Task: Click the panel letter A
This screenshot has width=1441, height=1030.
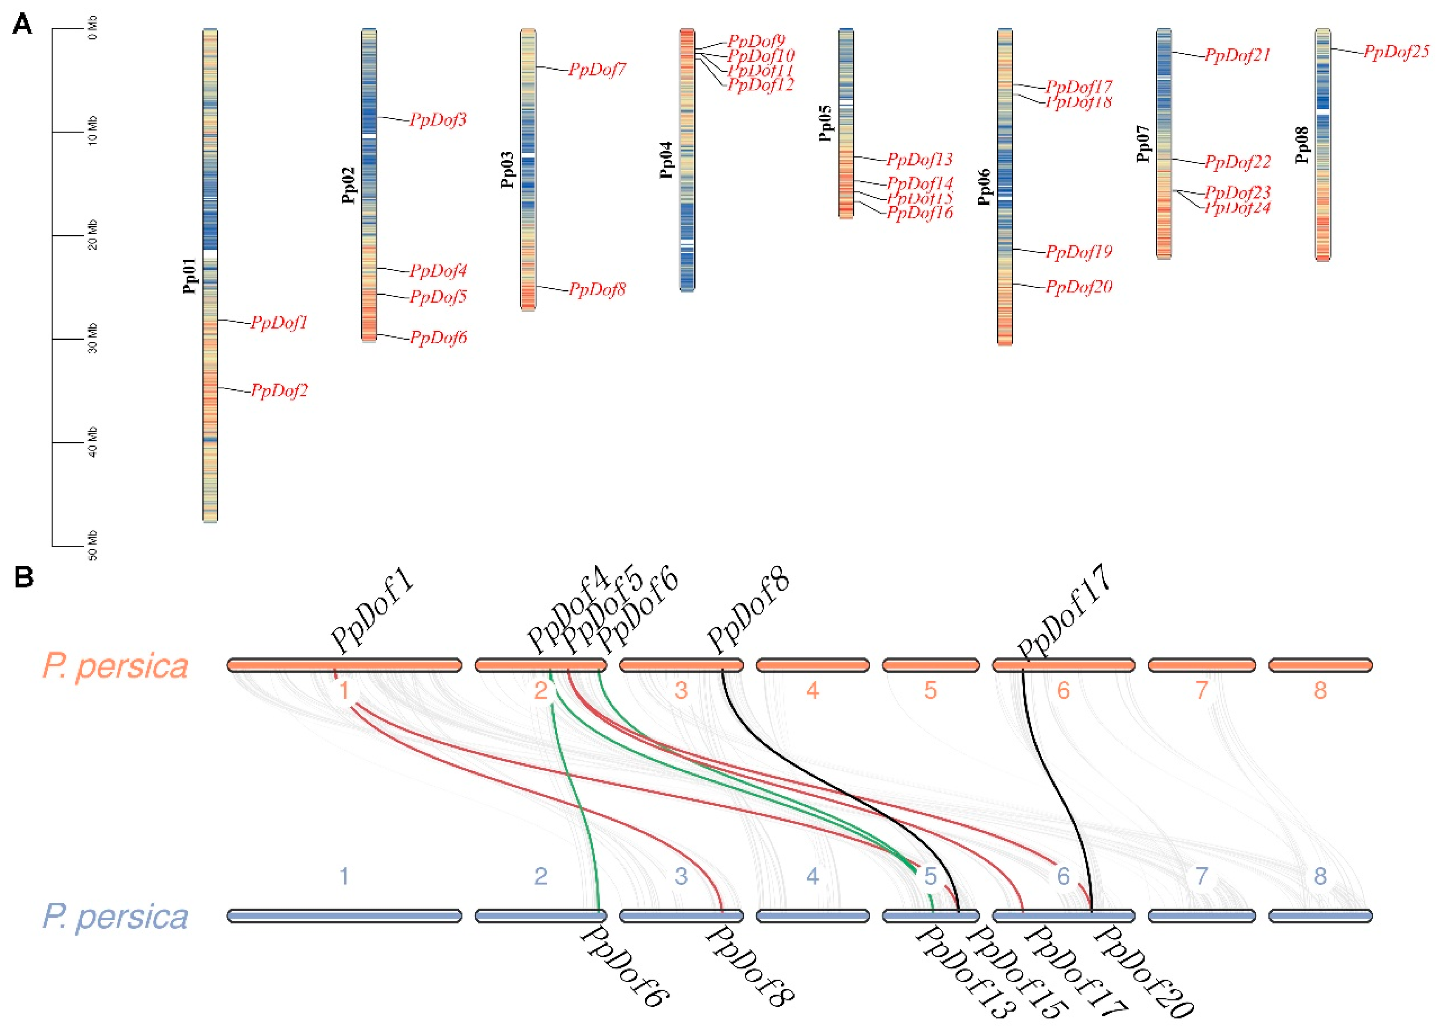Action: point(22,25)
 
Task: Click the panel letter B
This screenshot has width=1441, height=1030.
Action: point(24,577)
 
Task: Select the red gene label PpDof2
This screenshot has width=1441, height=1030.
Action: point(279,391)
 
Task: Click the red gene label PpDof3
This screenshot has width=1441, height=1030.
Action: point(438,120)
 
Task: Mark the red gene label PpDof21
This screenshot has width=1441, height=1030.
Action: point(1238,55)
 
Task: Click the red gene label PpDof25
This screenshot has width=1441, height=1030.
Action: point(1396,52)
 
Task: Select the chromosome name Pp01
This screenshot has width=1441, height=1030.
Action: point(189,276)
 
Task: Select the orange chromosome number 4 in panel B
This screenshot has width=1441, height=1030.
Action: point(812,690)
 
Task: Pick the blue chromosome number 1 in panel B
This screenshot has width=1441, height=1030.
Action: point(344,876)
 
